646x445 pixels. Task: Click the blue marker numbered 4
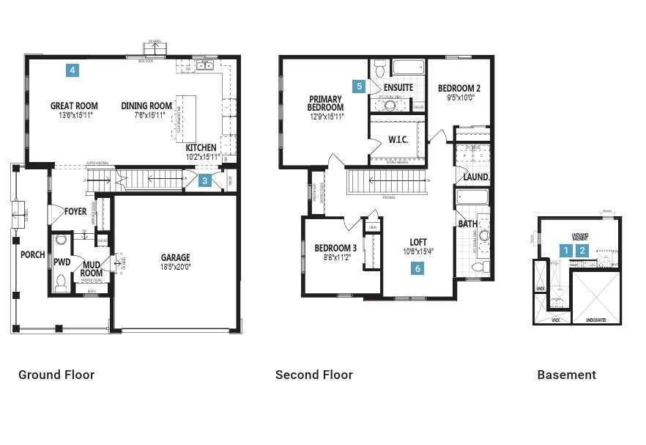72,70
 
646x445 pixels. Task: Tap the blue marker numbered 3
206,180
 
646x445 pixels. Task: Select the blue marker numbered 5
359,86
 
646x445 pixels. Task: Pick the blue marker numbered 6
417,268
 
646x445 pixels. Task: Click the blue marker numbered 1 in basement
565,250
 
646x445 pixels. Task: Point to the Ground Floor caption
56,375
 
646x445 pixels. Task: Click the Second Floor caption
313,375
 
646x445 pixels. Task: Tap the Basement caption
566,375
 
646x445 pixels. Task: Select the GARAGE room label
175,257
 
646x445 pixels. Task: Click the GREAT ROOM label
74,106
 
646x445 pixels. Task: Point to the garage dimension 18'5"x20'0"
175,267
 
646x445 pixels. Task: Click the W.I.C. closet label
398,139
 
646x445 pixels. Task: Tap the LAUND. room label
476,177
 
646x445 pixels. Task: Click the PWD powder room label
62,261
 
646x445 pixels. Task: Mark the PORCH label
32,255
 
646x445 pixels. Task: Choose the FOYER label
75,212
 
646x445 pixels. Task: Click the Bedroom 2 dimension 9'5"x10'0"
460,97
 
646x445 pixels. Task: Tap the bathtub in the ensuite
408,68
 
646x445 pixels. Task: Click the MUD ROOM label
92,269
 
